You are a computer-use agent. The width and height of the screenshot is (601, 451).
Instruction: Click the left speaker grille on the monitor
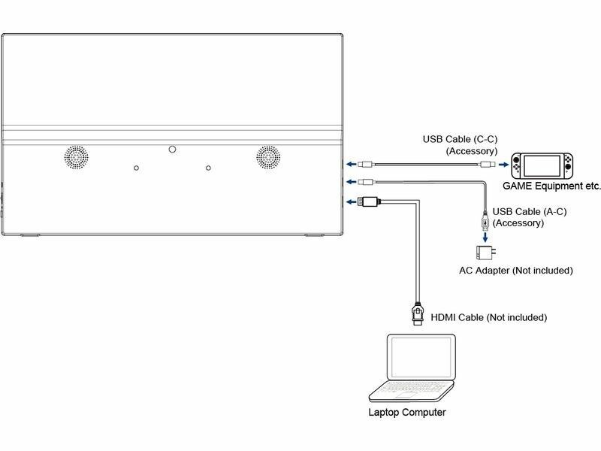coord(75,156)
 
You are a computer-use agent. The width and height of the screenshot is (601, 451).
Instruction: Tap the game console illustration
coord(541,164)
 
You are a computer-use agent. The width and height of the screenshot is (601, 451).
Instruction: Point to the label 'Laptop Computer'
coord(407,413)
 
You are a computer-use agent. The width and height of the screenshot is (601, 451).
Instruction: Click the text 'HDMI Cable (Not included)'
coord(488,318)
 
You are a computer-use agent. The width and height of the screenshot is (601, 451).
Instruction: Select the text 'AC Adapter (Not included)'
coord(516,270)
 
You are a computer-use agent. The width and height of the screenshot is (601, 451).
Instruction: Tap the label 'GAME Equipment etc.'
coord(552,185)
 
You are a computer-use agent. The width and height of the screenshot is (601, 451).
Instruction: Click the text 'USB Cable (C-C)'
coord(460,139)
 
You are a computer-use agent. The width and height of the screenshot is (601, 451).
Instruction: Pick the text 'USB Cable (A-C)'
coord(529,212)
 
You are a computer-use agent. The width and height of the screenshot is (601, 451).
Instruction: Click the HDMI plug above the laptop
coord(417,312)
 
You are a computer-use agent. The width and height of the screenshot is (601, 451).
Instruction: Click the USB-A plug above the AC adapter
coord(486,221)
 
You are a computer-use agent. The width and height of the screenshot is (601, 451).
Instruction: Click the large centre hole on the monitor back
coord(172,150)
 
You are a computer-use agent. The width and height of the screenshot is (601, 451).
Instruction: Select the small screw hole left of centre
coord(136,168)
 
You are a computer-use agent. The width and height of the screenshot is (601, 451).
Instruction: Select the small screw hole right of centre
coord(208,168)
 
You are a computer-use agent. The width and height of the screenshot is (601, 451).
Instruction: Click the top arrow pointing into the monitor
coord(349,163)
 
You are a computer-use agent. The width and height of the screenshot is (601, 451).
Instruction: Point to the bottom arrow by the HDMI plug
coord(349,201)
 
